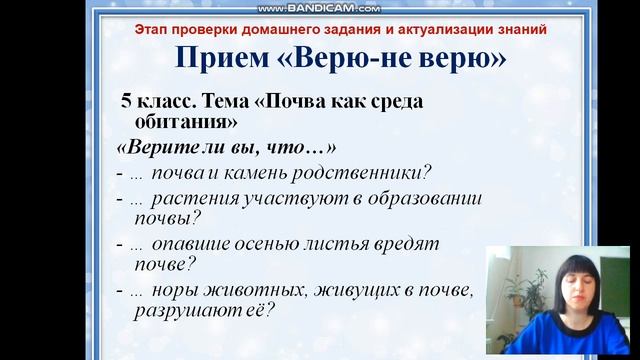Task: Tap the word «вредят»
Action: (413, 244)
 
